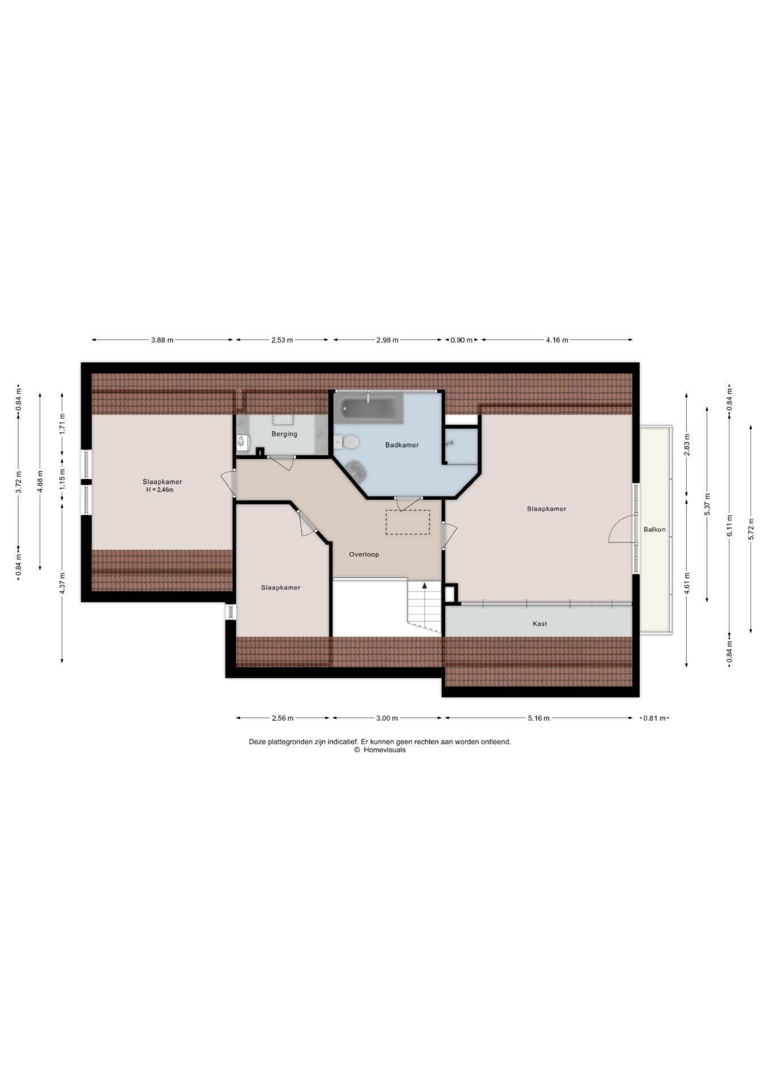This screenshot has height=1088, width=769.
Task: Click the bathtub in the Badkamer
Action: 368,408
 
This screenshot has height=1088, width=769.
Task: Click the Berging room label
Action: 284,434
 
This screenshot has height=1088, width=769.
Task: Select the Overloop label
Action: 364,554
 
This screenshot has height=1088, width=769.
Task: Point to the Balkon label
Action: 655,529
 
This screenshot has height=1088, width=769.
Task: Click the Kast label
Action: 540,623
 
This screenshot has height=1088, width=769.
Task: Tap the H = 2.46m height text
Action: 160,490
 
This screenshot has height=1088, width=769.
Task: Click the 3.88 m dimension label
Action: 162,340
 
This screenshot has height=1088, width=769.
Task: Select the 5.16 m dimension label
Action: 539,718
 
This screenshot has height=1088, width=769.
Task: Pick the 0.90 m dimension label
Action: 461,340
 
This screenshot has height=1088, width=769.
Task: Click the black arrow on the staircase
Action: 425,586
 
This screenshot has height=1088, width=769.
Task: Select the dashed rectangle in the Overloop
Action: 408,522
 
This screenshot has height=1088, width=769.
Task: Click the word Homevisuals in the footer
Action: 384,750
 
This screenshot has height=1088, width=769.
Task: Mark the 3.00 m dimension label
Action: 387,718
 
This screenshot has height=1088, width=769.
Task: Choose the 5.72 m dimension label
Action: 751,529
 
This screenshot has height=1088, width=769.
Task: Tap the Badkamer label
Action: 402,445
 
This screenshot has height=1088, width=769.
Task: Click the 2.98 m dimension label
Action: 387,340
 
